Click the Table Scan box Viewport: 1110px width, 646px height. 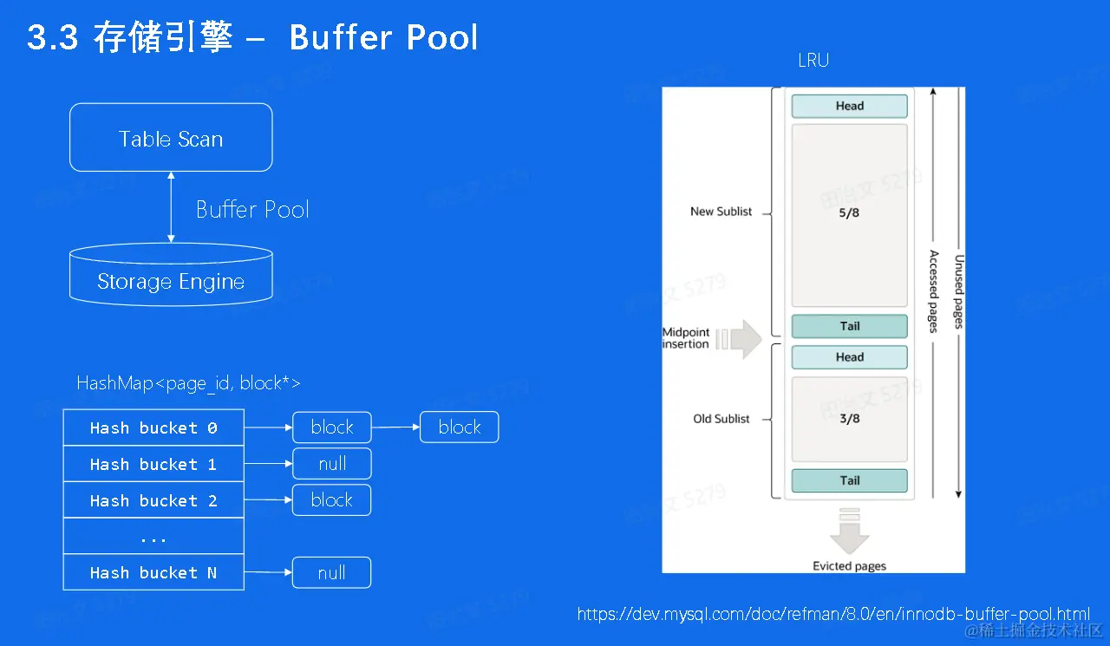(x=171, y=138)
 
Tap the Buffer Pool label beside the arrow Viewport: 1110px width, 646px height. (x=252, y=210)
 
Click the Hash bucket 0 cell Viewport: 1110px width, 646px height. (x=153, y=427)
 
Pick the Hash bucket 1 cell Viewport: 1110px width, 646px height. (x=153, y=464)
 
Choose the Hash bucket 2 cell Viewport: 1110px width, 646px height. (x=153, y=500)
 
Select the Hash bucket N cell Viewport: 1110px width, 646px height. (x=153, y=572)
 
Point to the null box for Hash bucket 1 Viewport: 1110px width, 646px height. (x=332, y=464)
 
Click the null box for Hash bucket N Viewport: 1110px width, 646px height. (x=332, y=572)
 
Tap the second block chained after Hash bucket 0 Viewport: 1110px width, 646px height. (x=460, y=427)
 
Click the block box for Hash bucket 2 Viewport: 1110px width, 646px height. (x=332, y=500)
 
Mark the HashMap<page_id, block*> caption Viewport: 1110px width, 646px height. (x=188, y=383)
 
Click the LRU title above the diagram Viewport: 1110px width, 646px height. (x=813, y=61)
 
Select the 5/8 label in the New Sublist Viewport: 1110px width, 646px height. (x=849, y=212)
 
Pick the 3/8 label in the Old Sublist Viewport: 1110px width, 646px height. (x=849, y=419)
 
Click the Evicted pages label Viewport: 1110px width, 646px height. (x=849, y=566)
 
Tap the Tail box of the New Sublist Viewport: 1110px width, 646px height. (x=849, y=326)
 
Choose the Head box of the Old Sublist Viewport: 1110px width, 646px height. (x=849, y=357)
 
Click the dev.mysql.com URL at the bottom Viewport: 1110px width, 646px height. (x=833, y=614)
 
